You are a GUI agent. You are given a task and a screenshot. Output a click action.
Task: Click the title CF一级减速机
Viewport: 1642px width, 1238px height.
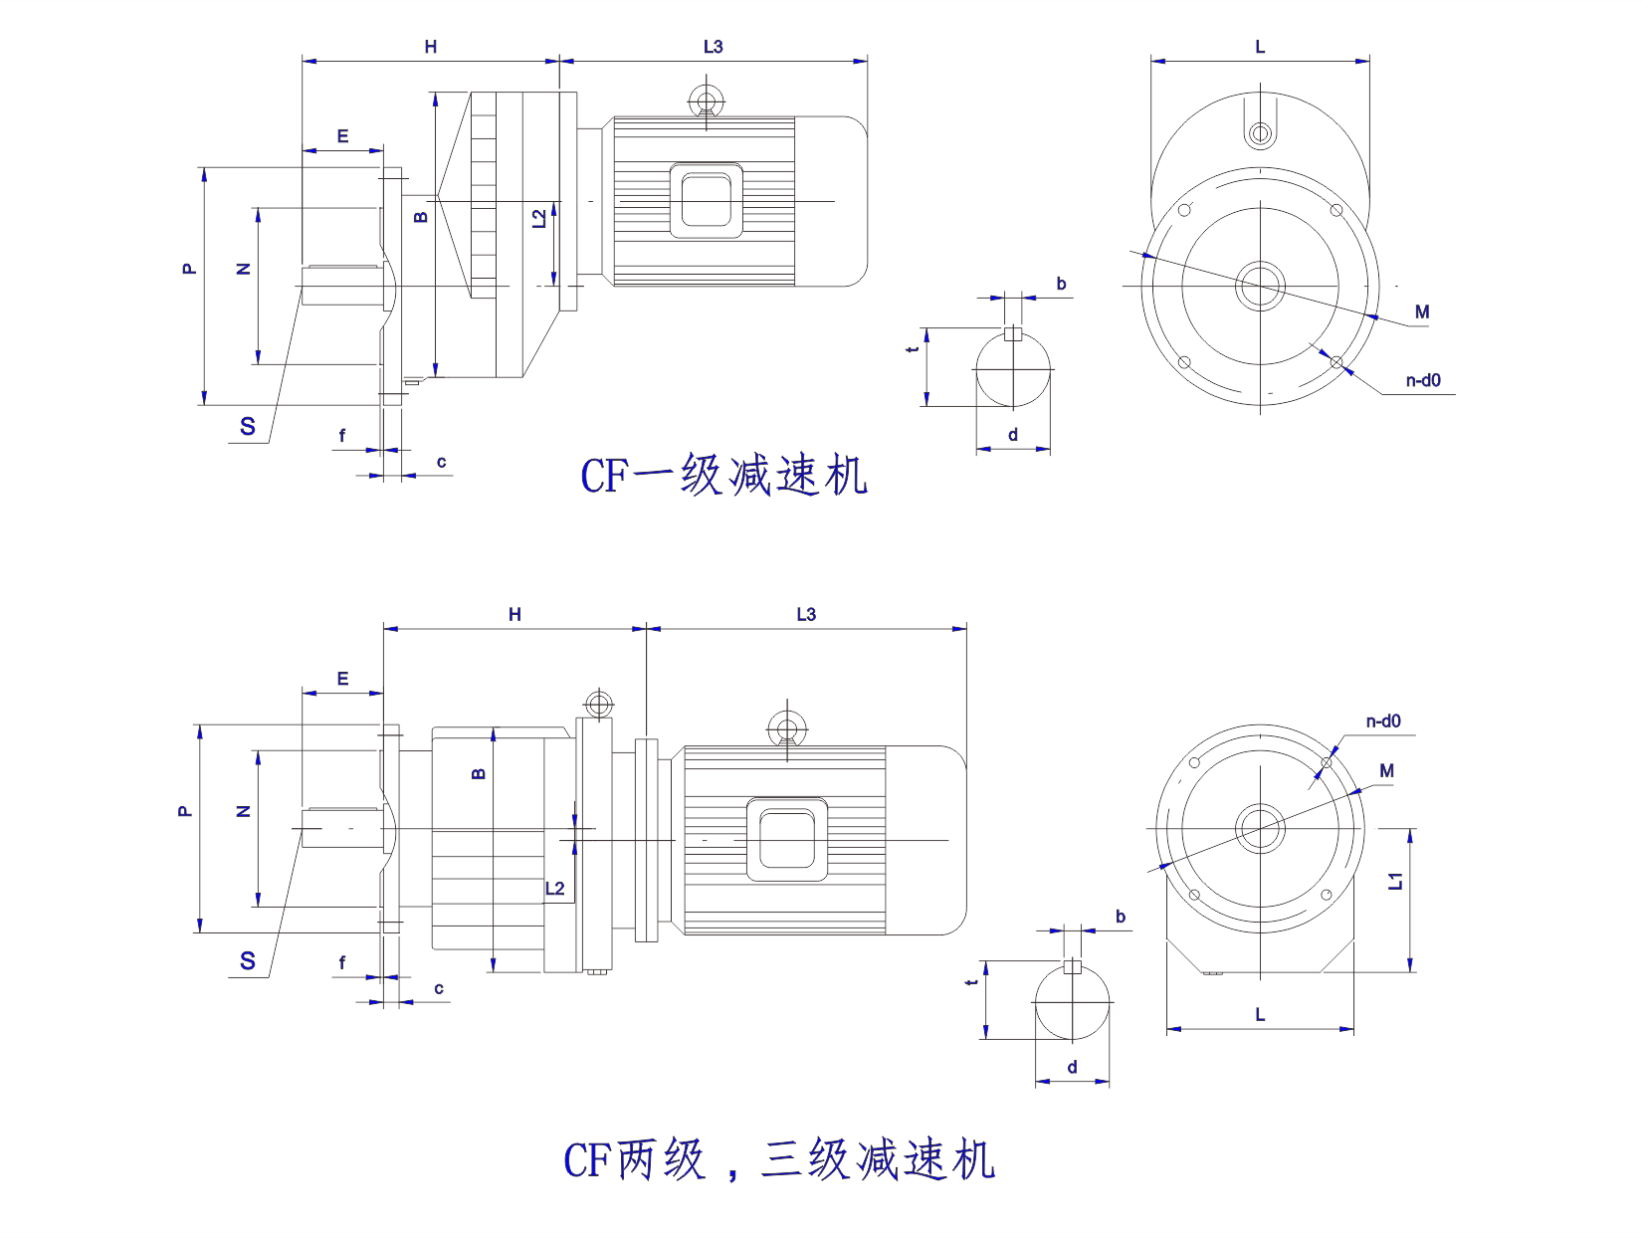click(723, 475)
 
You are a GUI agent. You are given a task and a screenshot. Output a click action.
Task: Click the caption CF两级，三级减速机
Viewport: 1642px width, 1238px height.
click(779, 1159)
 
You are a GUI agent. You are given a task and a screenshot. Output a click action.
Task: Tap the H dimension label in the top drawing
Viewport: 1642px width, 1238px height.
click(431, 47)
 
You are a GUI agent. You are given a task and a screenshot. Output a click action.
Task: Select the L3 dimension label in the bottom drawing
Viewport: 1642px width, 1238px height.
click(806, 614)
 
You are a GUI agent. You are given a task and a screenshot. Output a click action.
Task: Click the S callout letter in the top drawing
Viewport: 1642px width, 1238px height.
click(248, 427)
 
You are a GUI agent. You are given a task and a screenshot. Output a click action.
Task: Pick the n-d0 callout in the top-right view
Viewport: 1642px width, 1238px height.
click(1423, 380)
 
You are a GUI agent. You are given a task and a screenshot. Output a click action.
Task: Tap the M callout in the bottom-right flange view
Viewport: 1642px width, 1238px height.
click(1387, 770)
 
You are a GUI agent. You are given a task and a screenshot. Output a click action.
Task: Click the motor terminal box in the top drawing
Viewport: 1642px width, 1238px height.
click(707, 201)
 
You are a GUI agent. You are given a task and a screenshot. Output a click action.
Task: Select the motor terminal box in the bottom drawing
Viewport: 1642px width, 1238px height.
click(787, 838)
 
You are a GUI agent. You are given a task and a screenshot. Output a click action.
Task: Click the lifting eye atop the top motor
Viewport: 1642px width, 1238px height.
click(707, 102)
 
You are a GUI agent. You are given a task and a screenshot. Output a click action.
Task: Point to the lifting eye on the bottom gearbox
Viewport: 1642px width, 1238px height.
click(598, 705)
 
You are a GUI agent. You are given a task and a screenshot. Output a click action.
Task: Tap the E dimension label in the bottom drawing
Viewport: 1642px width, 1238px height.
click(342, 679)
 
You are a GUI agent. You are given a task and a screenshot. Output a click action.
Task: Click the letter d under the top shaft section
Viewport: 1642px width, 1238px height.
click(1013, 435)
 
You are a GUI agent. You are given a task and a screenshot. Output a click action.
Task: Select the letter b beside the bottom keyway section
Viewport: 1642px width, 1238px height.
click(1121, 917)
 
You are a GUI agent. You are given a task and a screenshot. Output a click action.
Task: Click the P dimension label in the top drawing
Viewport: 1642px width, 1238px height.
click(189, 269)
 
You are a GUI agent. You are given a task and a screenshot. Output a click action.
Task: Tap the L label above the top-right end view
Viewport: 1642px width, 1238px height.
click(1260, 47)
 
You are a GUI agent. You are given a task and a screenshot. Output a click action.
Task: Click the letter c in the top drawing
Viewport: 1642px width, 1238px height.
click(441, 462)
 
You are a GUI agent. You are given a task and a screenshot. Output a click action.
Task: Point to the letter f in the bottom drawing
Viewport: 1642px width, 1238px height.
click(342, 962)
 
